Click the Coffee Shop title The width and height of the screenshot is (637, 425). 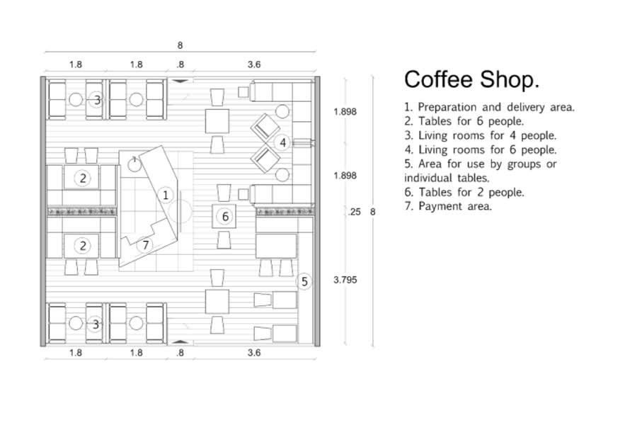pyautogui.click(x=471, y=79)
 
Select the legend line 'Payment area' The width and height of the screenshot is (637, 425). pyautogui.click(x=448, y=206)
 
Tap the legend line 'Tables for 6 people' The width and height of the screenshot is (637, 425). pyautogui.click(x=464, y=121)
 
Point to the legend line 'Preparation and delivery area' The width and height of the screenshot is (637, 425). pyautogui.click(x=489, y=107)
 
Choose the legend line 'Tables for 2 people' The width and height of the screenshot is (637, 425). pyautogui.click(x=464, y=192)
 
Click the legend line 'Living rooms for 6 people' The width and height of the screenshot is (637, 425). pyautogui.click(x=480, y=149)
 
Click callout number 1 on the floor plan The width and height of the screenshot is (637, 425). pyautogui.click(x=166, y=195)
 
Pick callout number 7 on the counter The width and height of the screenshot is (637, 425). pyautogui.click(x=145, y=245)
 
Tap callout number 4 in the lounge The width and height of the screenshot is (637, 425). pyautogui.click(x=282, y=143)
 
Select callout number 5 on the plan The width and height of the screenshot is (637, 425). pyautogui.click(x=304, y=281)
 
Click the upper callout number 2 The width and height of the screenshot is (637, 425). pyautogui.click(x=83, y=178)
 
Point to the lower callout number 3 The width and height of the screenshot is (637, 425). pyautogui.click(x=96, y=324)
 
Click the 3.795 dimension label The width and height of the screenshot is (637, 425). pyautogui.click(x=345, y=280)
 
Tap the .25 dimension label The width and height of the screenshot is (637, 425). pyautogui.click(x=355, y=212)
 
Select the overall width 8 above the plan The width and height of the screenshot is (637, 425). pyautogui.click(x=180, y=45)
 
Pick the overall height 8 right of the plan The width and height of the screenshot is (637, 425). pyautogui.click(x=372, y=212)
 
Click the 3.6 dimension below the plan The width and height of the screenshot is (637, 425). pyautogui.click(x=254, y=353)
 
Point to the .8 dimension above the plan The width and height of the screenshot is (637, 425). pyautogui.click(x=180, y=64)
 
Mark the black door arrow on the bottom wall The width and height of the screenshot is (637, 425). pyautogui.click(x=180, y=341)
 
